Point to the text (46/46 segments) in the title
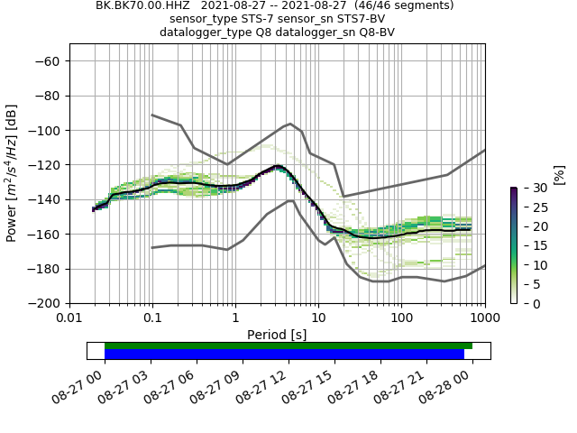click(x=397, y=5)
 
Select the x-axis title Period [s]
click(x=277, y=335)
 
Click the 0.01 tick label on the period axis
click(x=69, y=318)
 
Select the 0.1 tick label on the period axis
click(x=152, y=318)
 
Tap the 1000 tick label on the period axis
click(x=484, y=318)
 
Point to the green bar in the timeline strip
click(x=288, y=345)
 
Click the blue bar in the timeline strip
click(x=284, y=355)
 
